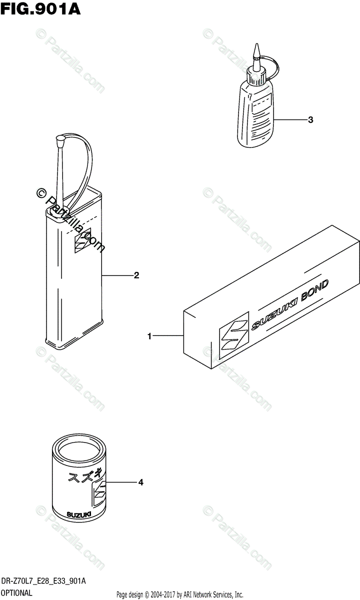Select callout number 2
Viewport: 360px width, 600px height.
[x=136, y=275]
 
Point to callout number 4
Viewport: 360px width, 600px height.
[x=141, y=482]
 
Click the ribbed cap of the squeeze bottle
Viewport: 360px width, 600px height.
[x=257, y=75]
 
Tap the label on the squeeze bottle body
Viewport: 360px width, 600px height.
[x=260, y=116]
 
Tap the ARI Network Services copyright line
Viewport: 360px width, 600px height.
[x=180, y=594]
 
